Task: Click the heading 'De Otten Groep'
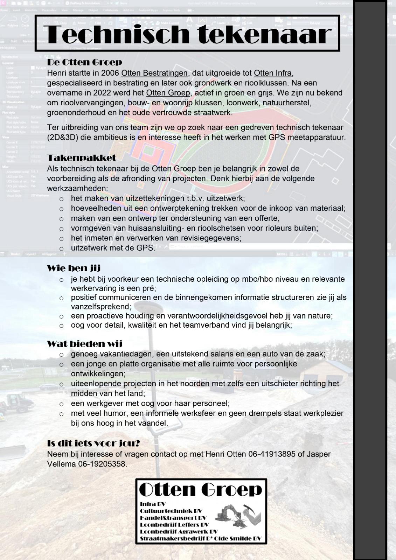(84, 62)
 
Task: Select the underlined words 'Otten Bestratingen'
(154, 73)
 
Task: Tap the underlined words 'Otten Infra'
(272, 73)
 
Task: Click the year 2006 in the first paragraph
(110, 73)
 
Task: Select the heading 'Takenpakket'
(82, 158)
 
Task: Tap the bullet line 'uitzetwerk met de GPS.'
(113, 248)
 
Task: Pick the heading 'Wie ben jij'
(74, 268)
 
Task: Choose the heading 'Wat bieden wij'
(85, 344)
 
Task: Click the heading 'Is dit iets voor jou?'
(93, 443)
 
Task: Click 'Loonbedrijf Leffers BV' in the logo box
(174, 525)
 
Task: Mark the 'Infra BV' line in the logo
(153, 504)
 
